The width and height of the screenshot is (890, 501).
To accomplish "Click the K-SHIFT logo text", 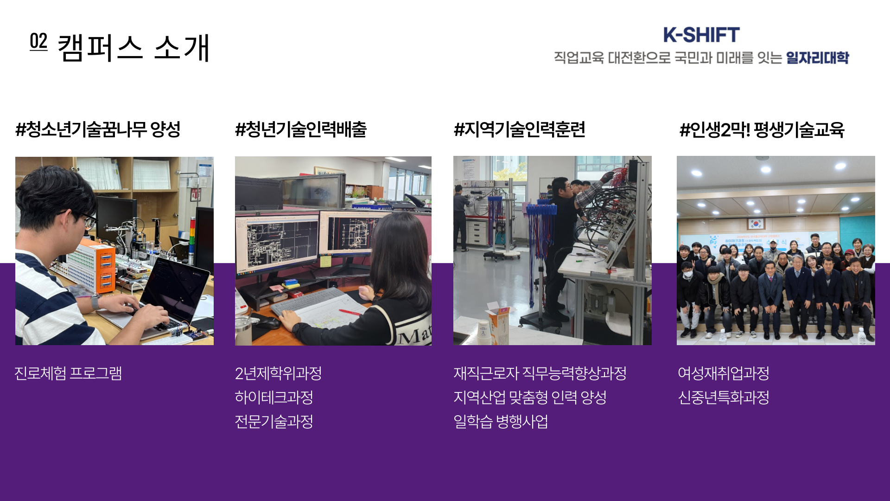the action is (701, 35).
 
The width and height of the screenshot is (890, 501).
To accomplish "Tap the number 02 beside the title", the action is (38, 41).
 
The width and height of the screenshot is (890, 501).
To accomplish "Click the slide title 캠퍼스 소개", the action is (133, 48).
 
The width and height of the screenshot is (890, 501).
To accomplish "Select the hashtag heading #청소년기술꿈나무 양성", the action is (98, 129).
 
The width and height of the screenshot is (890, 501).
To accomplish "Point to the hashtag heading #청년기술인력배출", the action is (301, 129).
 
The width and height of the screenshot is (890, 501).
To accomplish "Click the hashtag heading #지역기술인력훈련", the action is (520, 129).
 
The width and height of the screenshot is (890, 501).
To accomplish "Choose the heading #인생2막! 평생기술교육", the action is (762, 129).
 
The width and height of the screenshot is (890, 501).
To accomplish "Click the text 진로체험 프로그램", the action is (68, 373).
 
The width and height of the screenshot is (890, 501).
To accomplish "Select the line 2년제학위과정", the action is (278, 373).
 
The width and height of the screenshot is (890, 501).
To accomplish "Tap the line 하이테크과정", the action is (274, 398).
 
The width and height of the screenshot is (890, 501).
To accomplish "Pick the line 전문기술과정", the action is (274, 422).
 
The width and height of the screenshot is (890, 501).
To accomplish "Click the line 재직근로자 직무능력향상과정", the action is (540, 373).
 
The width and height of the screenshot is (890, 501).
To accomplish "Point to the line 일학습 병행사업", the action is (501, 422).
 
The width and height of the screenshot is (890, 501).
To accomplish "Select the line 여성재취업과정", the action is (724, 373).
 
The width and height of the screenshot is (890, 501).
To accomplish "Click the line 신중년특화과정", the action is (724, 398).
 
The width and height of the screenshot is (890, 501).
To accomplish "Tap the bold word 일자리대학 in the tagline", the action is (817, 58).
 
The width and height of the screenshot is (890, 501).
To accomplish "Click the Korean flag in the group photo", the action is (756, 224).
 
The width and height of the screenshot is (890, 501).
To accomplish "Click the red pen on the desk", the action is (350, 312).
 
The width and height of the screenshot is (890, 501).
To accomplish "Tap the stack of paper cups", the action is (484, 332).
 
